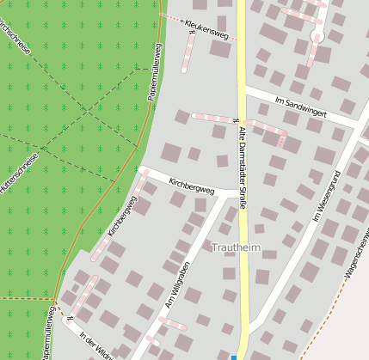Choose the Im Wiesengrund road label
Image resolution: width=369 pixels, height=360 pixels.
[328, 198]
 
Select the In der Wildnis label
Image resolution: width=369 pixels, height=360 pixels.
[95, 345]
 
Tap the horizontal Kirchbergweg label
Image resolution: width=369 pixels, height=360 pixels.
[192, 186]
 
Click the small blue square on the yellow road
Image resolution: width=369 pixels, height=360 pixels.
[233, 357]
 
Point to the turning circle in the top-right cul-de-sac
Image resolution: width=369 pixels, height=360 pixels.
[317, 37]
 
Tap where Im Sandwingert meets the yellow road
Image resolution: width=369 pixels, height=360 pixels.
[243, 88]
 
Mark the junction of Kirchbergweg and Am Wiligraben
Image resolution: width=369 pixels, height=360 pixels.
[225, 196]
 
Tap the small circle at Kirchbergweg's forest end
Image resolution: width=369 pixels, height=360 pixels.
[140, 170]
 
